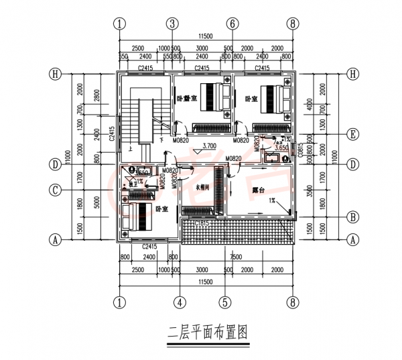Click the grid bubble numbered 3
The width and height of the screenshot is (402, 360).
tap(173, 23)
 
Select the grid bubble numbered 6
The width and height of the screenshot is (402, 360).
tap(232, 23)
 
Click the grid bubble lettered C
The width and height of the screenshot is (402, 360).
tap(57, 190)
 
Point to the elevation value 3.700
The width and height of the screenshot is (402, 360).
tap(208, 145)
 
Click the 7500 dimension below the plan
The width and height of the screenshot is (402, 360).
tap(236, 257)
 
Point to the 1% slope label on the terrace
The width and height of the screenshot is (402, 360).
tap(273, 200)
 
